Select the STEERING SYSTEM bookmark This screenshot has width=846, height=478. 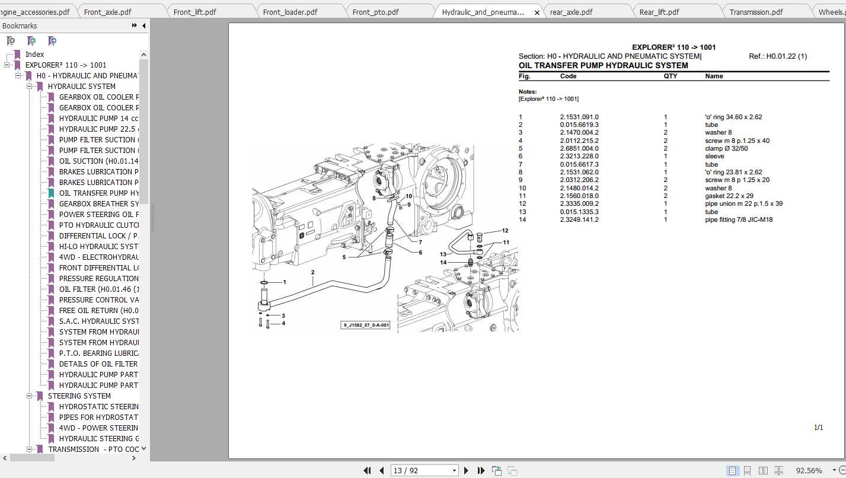(79, 396)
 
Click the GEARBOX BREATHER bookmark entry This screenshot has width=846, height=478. (98, 204)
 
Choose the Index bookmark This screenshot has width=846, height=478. (34, 55)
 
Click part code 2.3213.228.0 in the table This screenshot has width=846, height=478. (579, 157)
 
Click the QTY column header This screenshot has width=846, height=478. (670, 76)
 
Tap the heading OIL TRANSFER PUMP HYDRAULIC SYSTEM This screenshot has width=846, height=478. (603, 66)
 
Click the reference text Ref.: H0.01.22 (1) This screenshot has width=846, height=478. (778, 56)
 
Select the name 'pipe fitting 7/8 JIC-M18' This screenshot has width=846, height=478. (739, 219)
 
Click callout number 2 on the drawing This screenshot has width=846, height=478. (312, 272)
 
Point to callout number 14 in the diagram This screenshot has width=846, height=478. (443, 262)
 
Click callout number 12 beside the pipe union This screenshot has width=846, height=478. (505, 231)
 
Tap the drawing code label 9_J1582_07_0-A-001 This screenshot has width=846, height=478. (365, 325)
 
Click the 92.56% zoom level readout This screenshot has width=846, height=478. (808, 470)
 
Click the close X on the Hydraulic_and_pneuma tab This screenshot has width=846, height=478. (537, 12)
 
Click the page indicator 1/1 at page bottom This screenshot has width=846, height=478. (818, 427)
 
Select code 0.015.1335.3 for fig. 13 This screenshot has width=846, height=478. (579, 212)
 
